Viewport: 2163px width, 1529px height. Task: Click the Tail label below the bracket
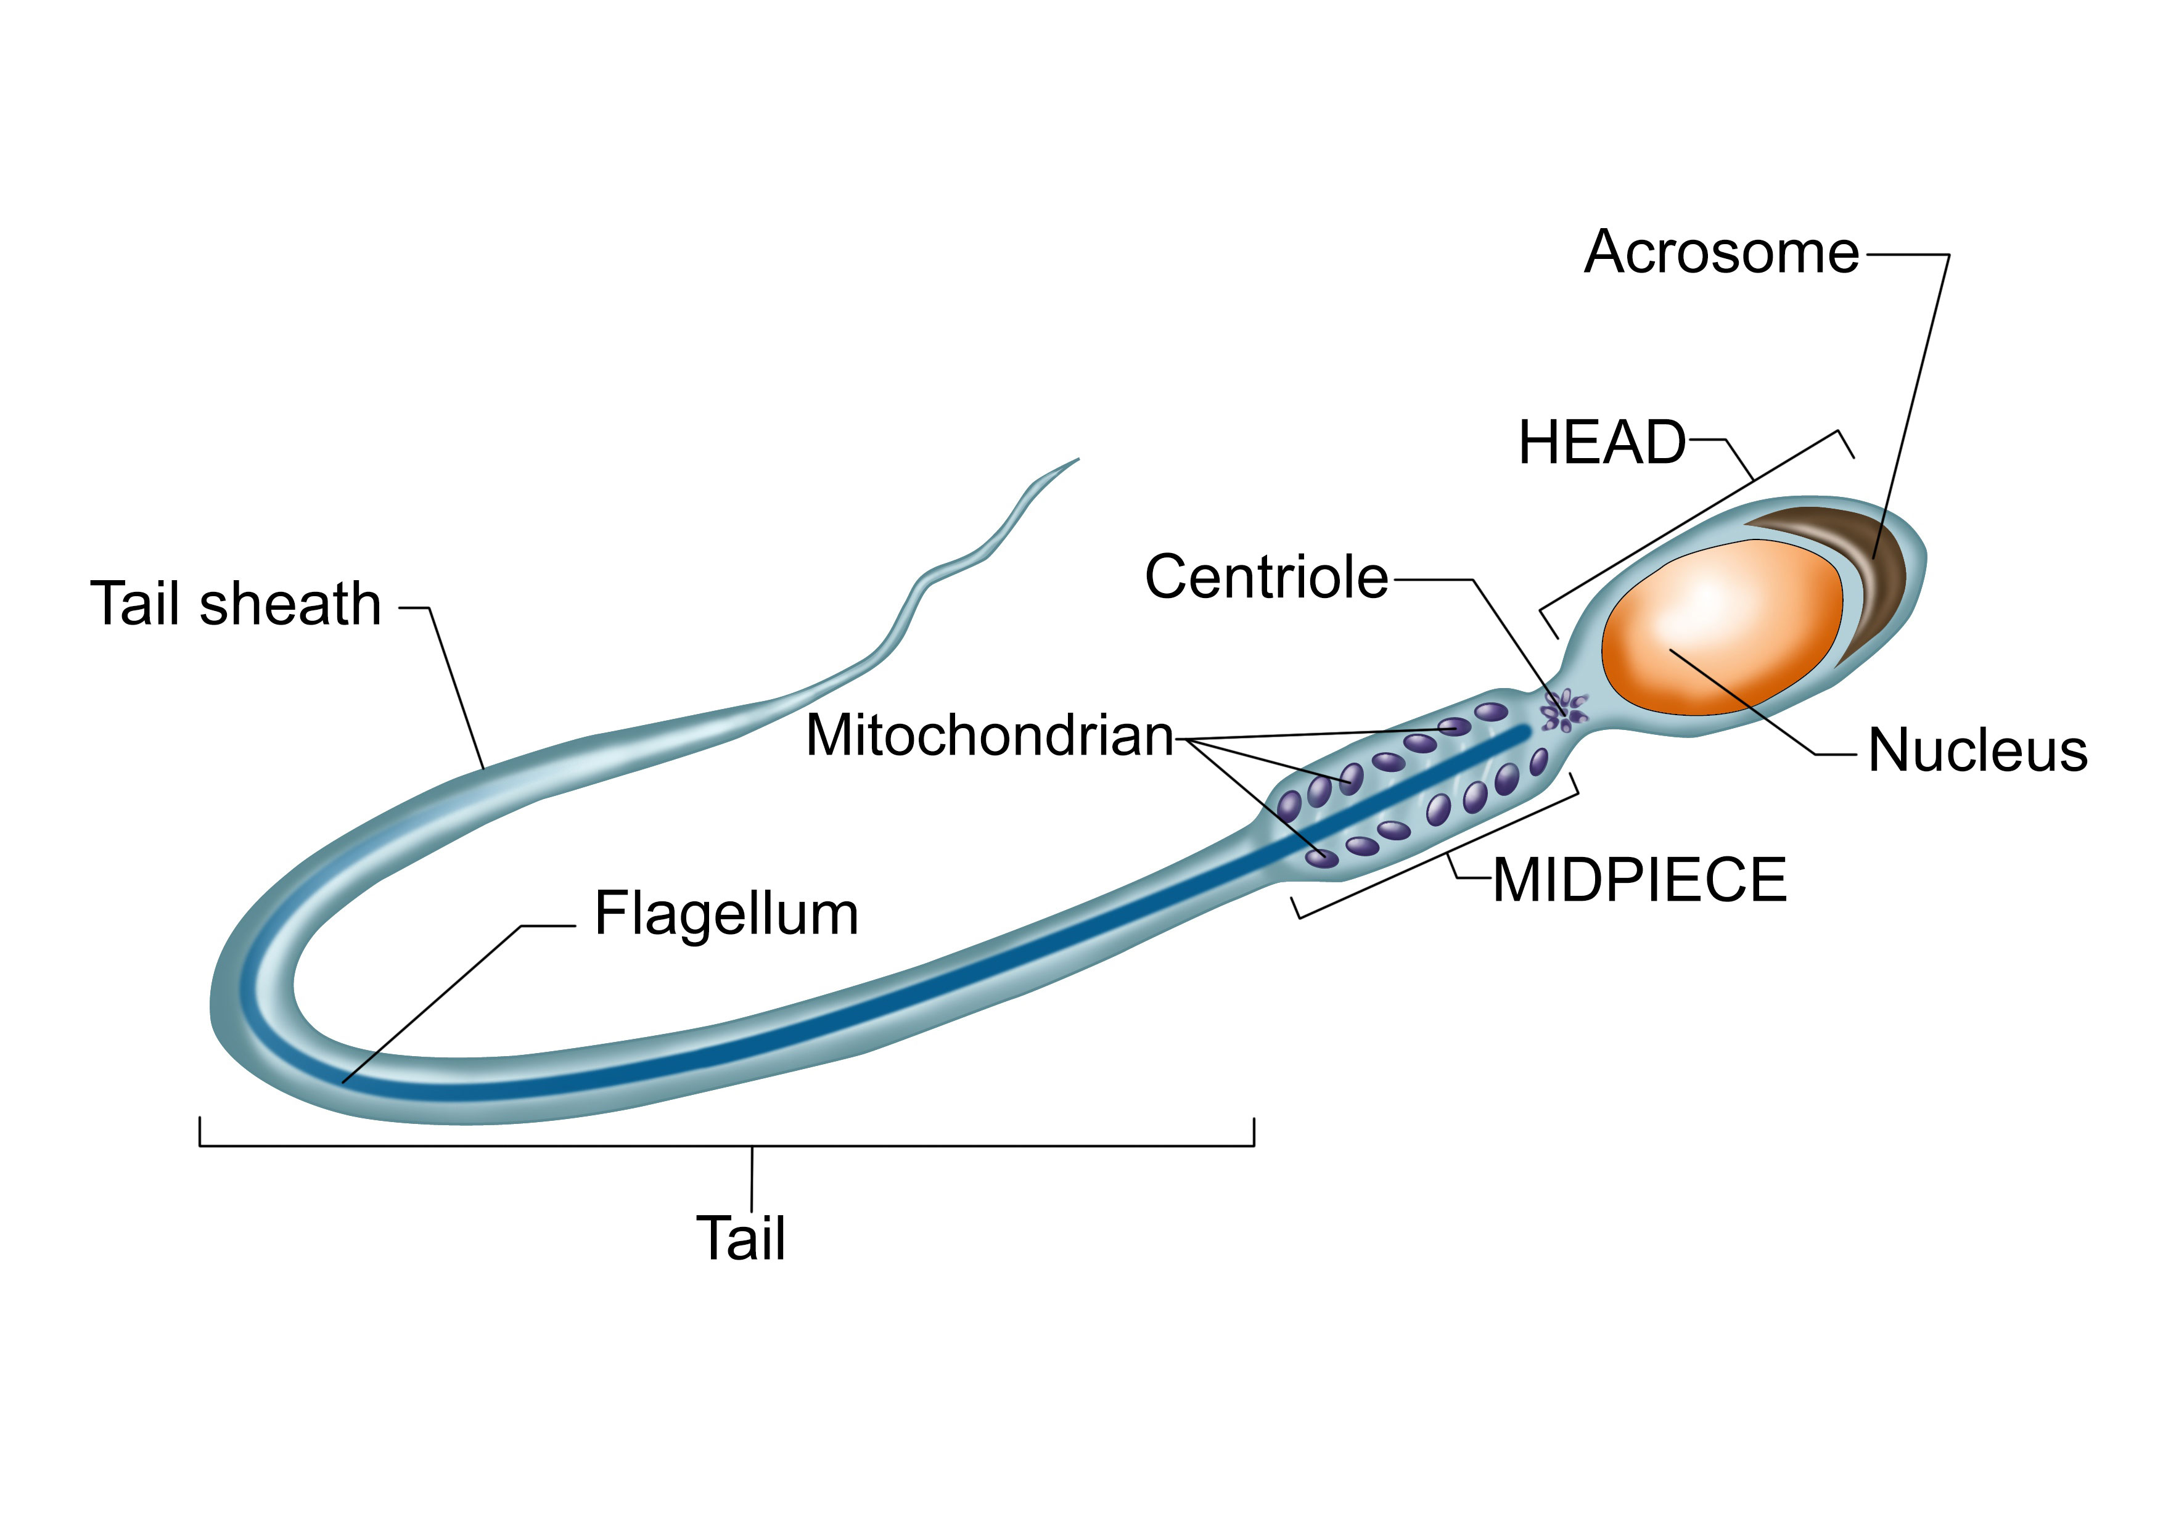point(741,1238)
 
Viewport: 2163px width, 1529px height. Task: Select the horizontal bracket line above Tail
point(726,1146)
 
